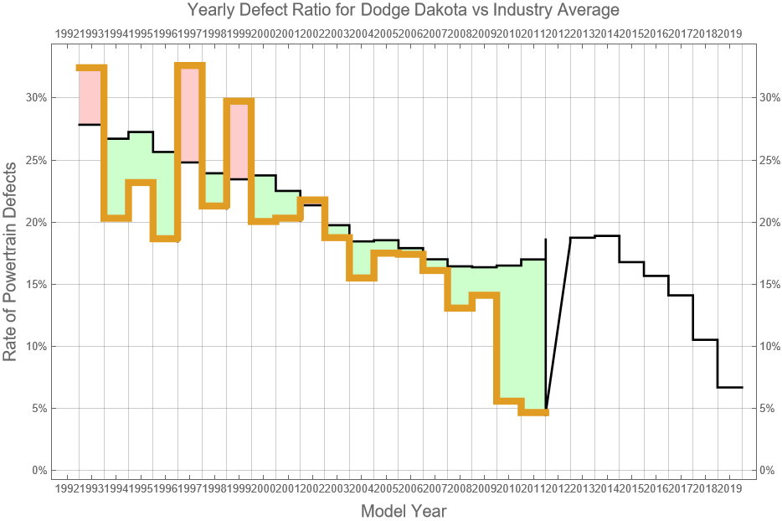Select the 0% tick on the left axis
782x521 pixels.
click(38, 471)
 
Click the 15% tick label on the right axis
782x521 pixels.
click(768, 284)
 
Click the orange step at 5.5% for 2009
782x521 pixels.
click(509, 401)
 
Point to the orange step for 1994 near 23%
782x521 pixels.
click(141, 183)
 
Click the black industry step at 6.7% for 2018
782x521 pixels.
click(730, 387)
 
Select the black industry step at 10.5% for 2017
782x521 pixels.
click(706, 339)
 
